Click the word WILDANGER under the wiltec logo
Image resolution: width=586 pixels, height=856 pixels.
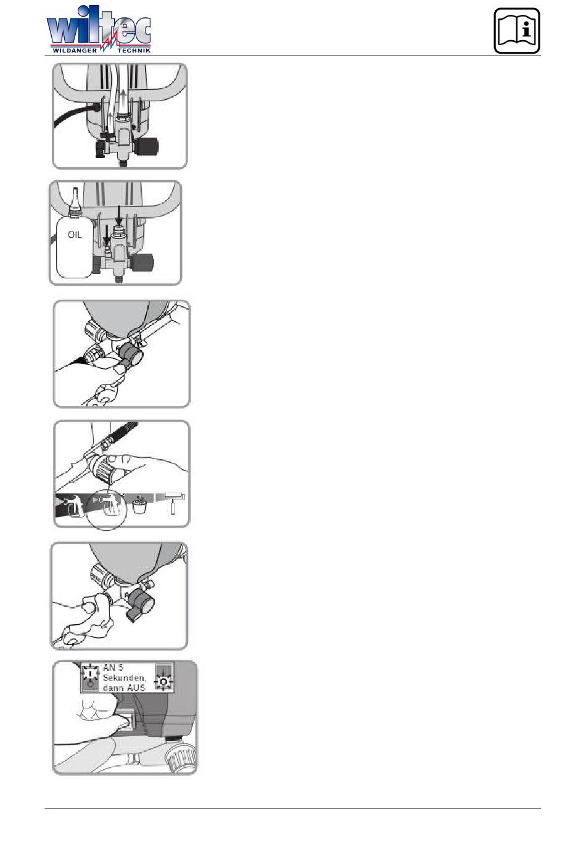[x=75, y=50]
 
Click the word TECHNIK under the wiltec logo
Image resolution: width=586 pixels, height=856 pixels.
[x=134, y=50]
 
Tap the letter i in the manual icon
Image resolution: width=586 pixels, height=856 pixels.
[x=527, y=28]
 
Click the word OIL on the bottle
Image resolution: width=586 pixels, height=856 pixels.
[x=75, y=235]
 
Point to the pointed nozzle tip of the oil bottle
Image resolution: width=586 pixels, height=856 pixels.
[x=75, y=188]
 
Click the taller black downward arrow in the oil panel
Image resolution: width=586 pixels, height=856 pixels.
[x=119, y=215]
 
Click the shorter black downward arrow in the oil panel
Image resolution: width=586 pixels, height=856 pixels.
[x=107, y=235]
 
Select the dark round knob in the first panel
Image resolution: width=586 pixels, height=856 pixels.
[x=148, y=145]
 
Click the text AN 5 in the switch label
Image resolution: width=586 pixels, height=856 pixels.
[x=113, y=668]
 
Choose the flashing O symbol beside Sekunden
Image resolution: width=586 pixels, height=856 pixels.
[x=164, y=681]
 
